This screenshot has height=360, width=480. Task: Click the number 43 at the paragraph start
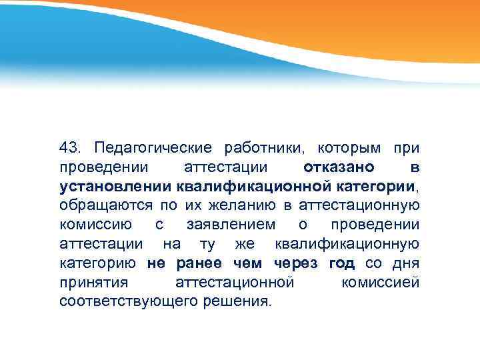69,146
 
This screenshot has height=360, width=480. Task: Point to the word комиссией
380,281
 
